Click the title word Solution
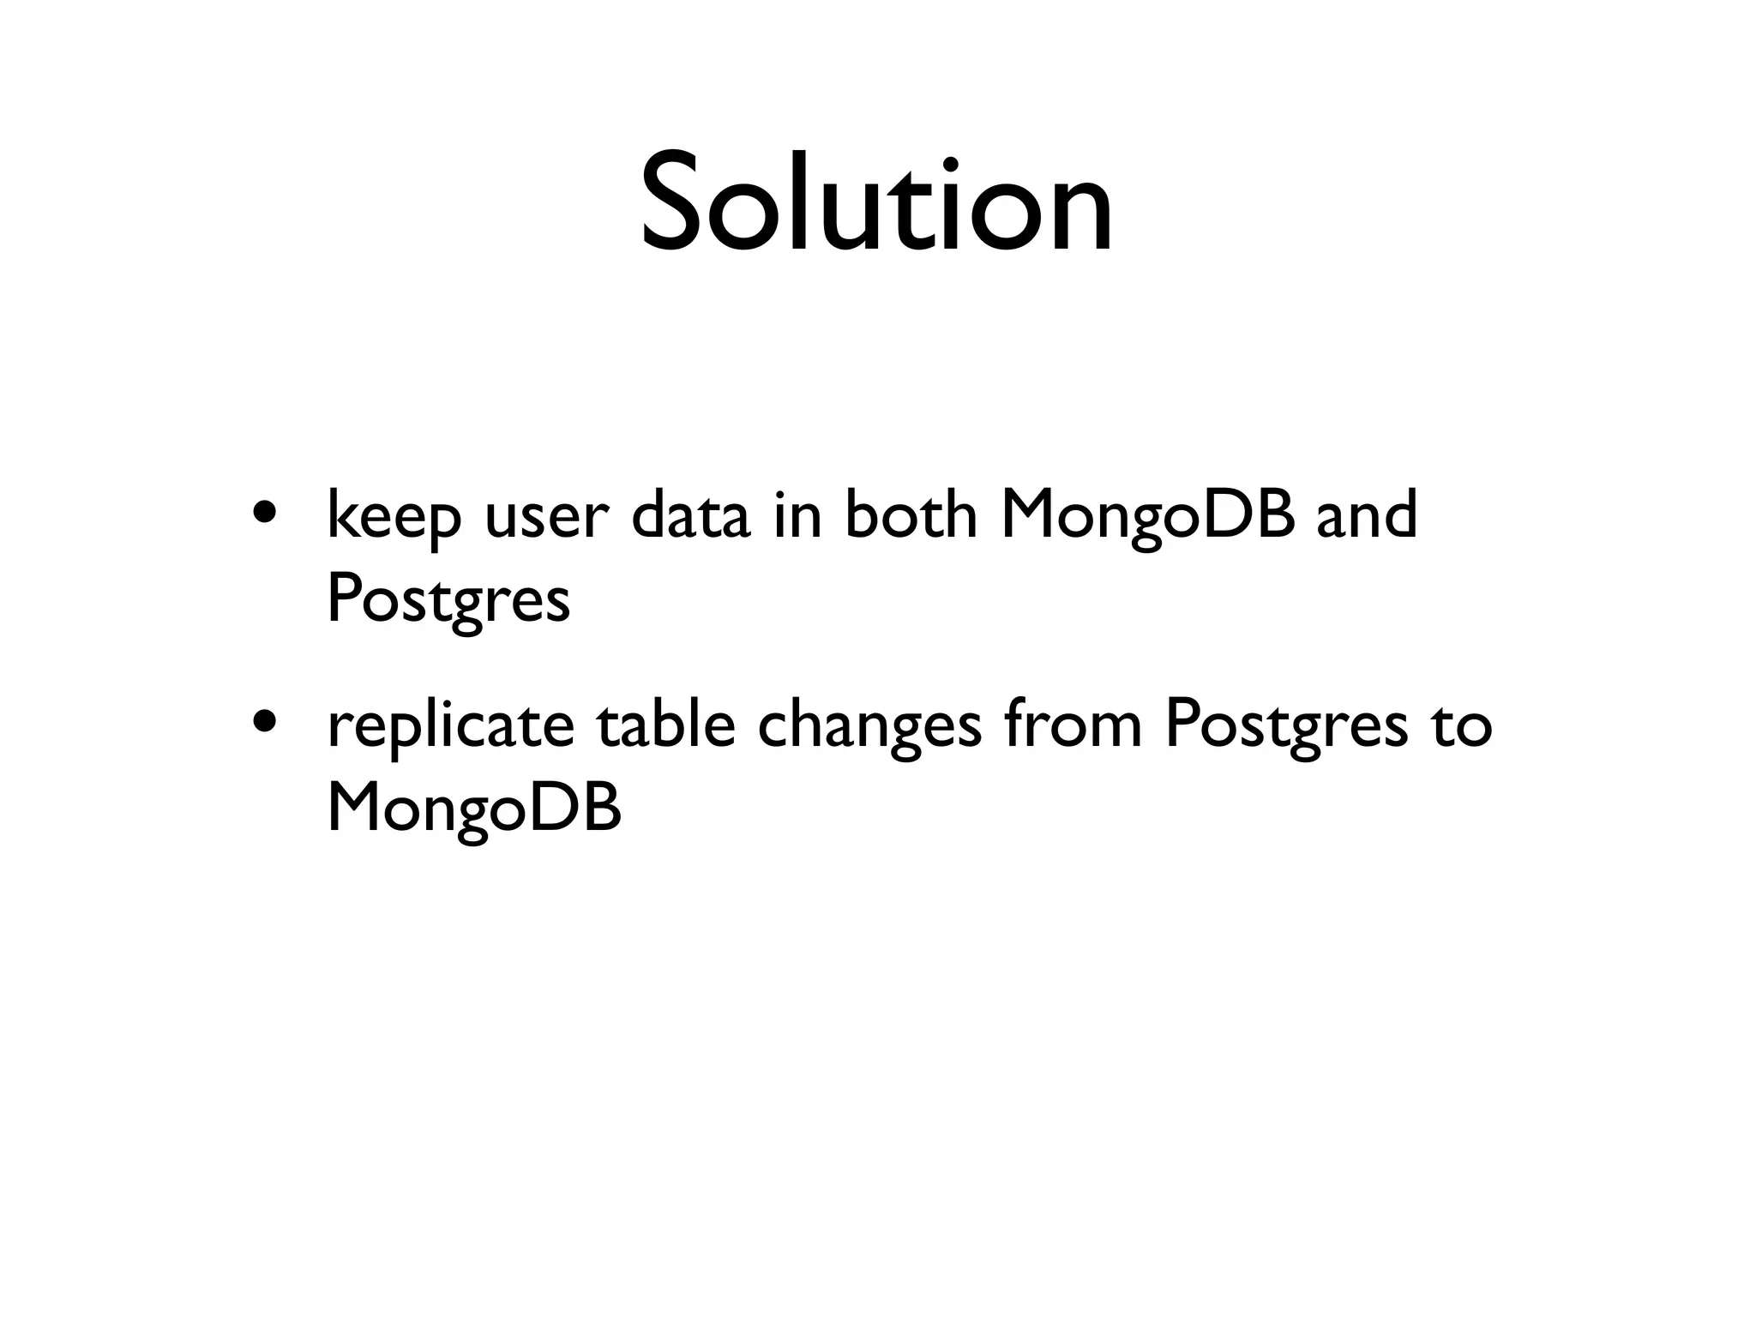pos(876,204)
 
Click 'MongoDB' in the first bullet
pos(1147,517)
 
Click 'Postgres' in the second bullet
pos(1286,726)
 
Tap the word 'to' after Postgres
pos(1462,725)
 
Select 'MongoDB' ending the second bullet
pos(474,809)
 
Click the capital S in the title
pos(678,204)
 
